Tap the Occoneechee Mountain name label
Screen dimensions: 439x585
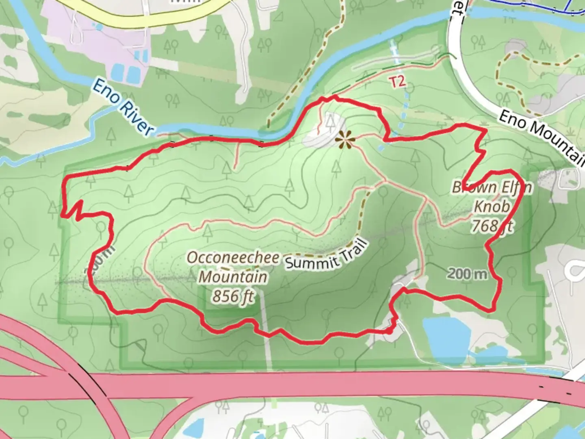[x=233, y=267]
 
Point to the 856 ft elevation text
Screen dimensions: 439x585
[x=233, y=296]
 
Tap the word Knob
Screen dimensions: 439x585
[x=492, y=206]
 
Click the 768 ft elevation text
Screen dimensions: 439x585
[x=492, y=226]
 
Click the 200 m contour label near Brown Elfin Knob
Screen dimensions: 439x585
[x=467, y=274]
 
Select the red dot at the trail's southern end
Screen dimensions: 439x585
[x=389, y=332]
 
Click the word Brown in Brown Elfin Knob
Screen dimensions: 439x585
[x=468, y=187]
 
